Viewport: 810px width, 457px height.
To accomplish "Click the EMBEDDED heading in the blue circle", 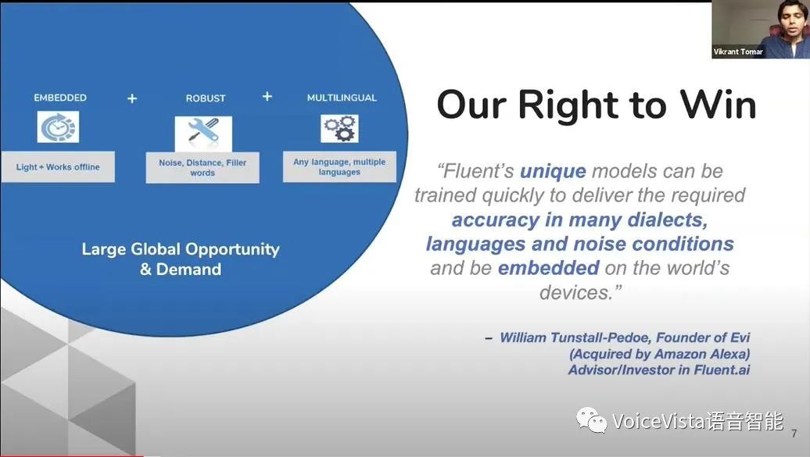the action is (x=60, y=98).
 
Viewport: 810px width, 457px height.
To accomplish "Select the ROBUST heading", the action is (x=206, y=98).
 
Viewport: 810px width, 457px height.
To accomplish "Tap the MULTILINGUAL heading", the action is (x=342, y=98).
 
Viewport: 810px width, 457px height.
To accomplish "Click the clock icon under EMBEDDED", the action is (x=58, y=127).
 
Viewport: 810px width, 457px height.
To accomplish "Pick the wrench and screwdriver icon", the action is (x=203, y=134).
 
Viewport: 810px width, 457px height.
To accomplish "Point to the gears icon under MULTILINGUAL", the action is (x=339, y=128).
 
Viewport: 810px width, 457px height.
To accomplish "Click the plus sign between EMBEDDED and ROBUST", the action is (x=132, y=98).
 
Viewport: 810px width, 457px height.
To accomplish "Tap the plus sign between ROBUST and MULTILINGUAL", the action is (x=267, y=97).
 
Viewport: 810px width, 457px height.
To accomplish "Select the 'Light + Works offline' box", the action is (x=58, y=167).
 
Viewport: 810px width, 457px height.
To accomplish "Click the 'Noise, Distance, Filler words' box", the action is (x=202, y=167).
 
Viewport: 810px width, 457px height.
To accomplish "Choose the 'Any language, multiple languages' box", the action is (x=339, y=166).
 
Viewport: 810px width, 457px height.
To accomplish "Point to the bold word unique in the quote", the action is (x=553, y=171).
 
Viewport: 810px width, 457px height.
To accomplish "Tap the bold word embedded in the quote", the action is (x=549, y=268).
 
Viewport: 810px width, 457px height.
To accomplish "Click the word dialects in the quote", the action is (x=668, y=220).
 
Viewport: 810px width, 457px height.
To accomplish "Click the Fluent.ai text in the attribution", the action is (x=722, y=370).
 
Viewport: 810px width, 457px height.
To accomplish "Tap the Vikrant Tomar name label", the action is (x=738, y=52).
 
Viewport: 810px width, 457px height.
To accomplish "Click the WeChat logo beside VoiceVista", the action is (x=592, y=420).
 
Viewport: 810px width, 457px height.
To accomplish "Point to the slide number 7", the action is (x=794, y=434).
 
